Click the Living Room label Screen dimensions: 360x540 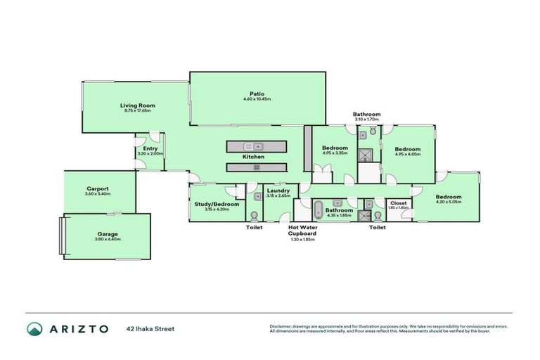point(137,105)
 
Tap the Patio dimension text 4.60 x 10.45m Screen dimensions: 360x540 point(257,99)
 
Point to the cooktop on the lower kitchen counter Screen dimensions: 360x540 point(257,167)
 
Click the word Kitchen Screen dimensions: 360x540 point(253,156)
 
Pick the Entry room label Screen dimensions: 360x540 point(150,148)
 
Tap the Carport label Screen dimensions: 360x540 point(97,188)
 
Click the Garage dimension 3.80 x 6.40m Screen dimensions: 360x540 point(108,240)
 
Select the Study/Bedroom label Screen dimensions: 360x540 point(212,204)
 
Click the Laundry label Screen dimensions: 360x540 point(278,190)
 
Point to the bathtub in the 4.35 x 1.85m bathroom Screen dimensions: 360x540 point(318,210)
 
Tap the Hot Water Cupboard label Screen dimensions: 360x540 point(301,231)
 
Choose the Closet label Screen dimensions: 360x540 point(398,202)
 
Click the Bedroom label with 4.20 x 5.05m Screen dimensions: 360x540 point(448,197)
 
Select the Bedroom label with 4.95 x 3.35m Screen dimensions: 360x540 point(335,148)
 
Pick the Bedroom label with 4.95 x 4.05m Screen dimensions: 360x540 point(407,149)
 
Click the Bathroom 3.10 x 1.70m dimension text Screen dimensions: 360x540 point(366,120)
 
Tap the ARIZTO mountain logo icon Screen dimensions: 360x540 point(34,329)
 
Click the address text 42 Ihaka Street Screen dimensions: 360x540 point(150,328)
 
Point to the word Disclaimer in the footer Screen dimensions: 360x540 point(281,326)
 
